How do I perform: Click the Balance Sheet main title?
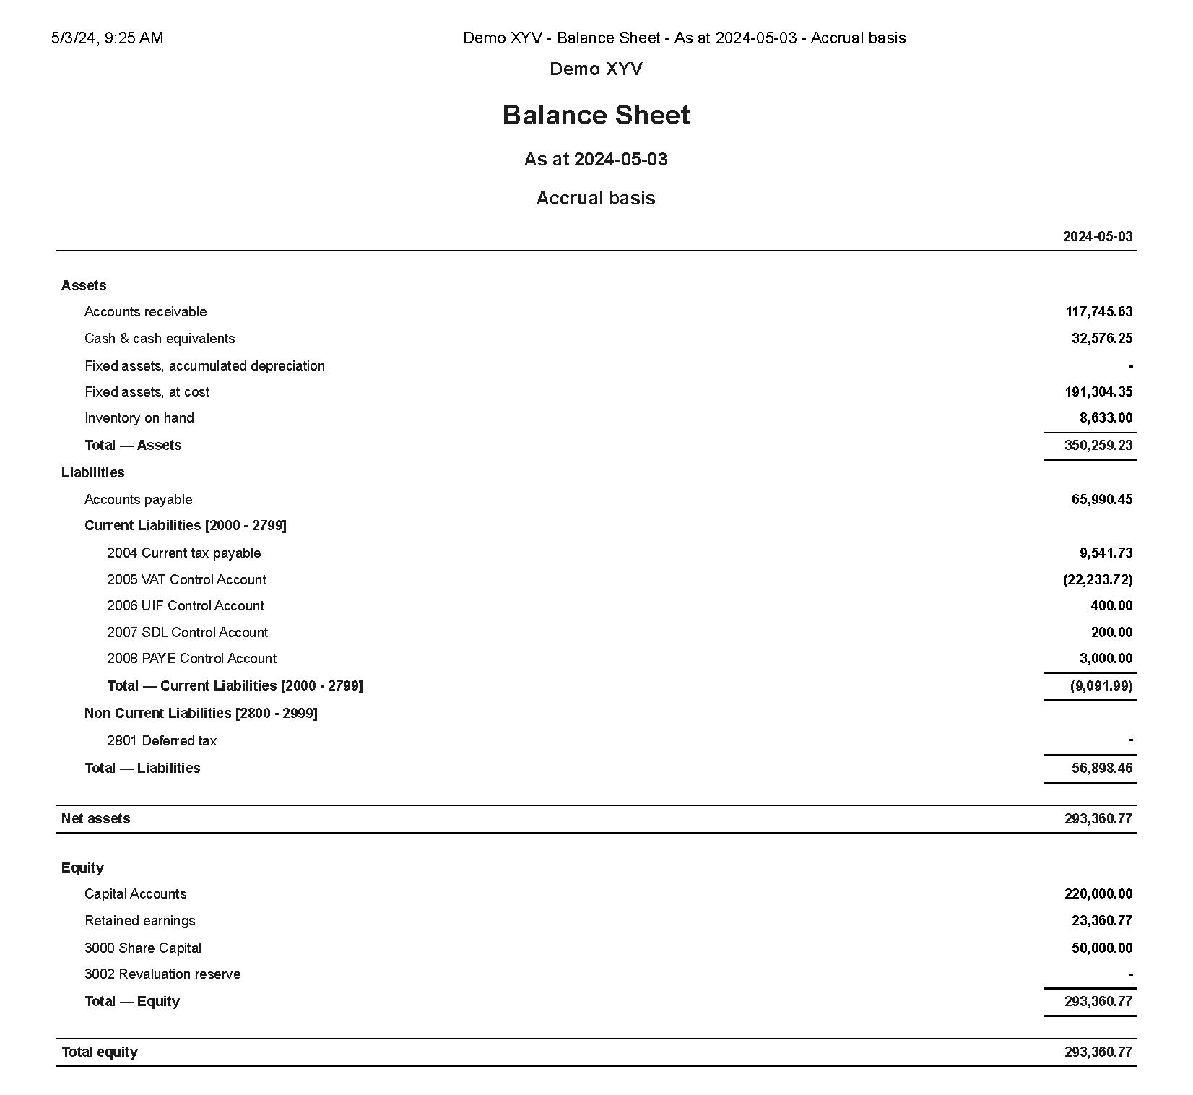click(596, 116)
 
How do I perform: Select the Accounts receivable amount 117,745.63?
click(1098, 312)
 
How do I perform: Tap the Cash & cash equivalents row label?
click(160, 339)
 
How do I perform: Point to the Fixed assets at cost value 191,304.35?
click(1098, 392)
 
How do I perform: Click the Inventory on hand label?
click(139, 418)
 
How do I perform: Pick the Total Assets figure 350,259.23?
click(1098, 446)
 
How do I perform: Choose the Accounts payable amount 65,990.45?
click(1102, 500)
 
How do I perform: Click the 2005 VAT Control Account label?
click(186, 580)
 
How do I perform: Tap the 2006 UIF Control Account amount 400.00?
click(1111, 606)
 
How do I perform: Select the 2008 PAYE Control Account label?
click(191, 659)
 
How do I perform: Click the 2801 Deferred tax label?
click(162, 741)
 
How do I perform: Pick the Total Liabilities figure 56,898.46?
click(1102, 769)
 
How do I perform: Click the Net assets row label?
click(96, 819)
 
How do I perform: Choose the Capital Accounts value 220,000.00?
click(1098, 894)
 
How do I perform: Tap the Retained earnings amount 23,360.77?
click(1102, 921)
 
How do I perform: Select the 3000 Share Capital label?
click(143, 948)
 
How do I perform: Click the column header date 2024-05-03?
click(1098, 237)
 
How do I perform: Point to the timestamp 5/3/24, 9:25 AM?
click(108, 38)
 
